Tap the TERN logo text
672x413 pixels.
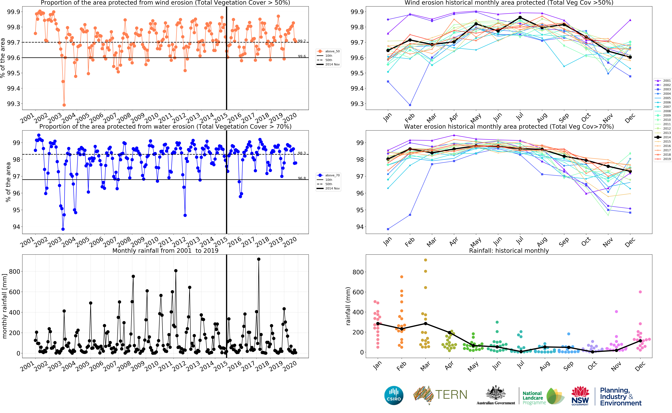[451, 395]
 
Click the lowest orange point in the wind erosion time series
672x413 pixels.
[64, 105]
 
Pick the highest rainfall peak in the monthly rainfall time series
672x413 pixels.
[259, 259]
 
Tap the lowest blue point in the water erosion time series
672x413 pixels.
[63, 229]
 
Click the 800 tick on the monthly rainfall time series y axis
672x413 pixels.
[14, 272]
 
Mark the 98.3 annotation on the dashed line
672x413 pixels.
[302, 153]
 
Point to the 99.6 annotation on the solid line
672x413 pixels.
[302, 56]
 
